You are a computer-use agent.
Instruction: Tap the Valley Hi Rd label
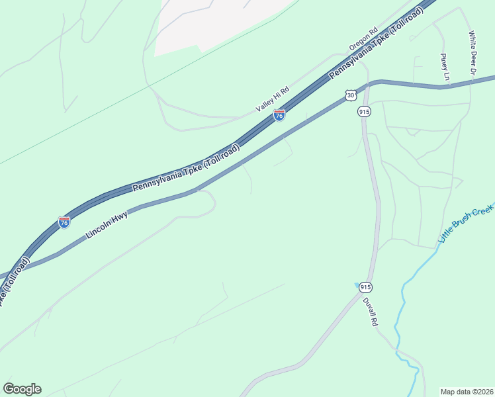tap(273, 99)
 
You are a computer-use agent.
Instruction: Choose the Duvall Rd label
tap(369, 311)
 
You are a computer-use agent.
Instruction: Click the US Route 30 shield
tap(350, 96)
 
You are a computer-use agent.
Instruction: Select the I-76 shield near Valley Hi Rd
tap(279, 116)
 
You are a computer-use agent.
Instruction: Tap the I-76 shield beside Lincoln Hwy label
tap(64, 222)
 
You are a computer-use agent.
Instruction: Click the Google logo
tap(22, 389)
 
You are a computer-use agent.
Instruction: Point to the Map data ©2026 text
tap(467, 391)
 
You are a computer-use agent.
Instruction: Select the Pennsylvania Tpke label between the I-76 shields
tap(187, 169)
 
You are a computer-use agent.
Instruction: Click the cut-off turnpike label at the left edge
tap(15, 281)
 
